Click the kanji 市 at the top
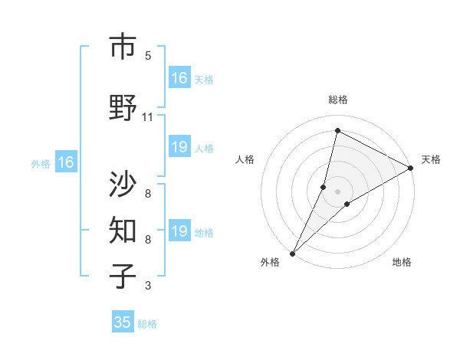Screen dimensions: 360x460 pyautogui.click(x=122, y=47)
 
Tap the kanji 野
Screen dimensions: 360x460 pyautogui.click(x=122, y=108)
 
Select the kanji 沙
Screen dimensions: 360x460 pyautogui.click(x=122, y=184)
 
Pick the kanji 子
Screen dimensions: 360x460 pyautogui.click(x=122, y=276)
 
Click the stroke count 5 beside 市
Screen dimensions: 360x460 pyautogui.click(x=148, y=56)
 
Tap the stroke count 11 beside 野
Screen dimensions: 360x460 pyautogui.click(x=148, y=116)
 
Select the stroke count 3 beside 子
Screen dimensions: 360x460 pyautogui.click(x=148, y=286)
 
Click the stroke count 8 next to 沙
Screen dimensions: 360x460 pyautogui.click(x=148, y=193)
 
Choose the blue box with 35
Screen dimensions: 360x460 pyautogui.click(x=123, y=322)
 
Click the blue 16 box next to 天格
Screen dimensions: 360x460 pyautogui.click(x=179, y=78)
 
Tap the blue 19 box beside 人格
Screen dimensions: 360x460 pyautogui.click(x=179, y=147)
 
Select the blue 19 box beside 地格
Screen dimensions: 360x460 pyautogui.click(x=179, y=231)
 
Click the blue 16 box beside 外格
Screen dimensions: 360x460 pyautogui.click(x=66, y=162)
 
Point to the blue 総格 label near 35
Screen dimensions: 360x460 pyautogui.click(x=147, y=324)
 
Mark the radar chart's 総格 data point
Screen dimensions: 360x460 pyautogui.click(x=337, y=130)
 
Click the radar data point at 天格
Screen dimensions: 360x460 pyautogui.click(x=411, y=169)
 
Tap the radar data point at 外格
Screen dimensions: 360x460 pyautogui.click(x=292, y=253)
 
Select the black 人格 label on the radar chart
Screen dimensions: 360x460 pyautogui.click(x=245, y=159)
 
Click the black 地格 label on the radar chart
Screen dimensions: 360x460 pyautogui.click(x=402, y=262)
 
